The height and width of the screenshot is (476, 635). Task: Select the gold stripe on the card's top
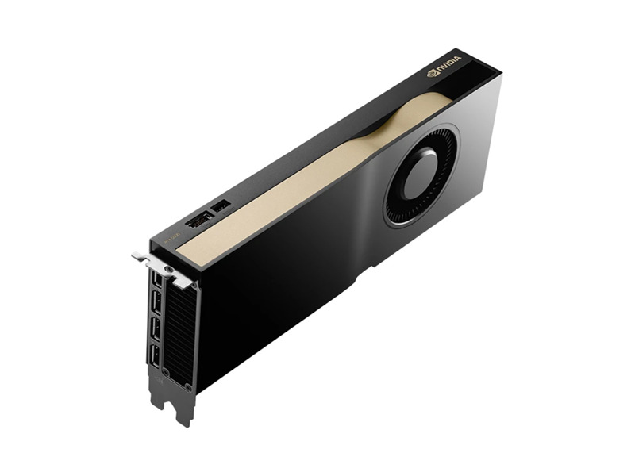[x=317, y=171]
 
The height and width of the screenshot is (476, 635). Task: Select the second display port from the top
[x=156, y=303]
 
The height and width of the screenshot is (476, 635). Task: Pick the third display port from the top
[x=155, y=327]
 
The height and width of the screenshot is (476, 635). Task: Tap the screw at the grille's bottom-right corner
[x=189, y=386]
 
